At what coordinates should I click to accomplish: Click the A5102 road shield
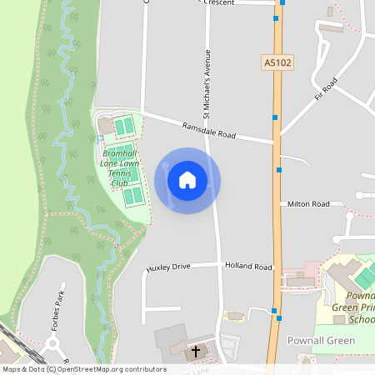pyautogui.click(x=276, y=63)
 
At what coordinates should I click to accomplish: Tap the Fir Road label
pyautogui.click(x=330, y=86)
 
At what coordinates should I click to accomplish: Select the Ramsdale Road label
pyautogui.click(x=210, y=131)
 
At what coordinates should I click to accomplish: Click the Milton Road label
pyautogui.click(x=308, y=203)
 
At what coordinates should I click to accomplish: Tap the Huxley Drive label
pyautogui.click(x=169, y=267)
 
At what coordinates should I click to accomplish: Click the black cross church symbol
pyautogui.click(x=196, y=352)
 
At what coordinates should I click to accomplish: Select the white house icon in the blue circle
pyautogui.click(x=187, y=180)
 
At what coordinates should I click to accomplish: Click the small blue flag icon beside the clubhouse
pyautogui.click(x=100, y=138)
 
